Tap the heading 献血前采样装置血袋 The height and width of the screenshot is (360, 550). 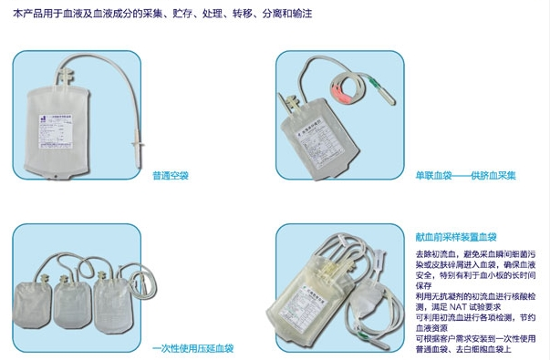(449, 235)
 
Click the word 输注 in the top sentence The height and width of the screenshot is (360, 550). (305, 15)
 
